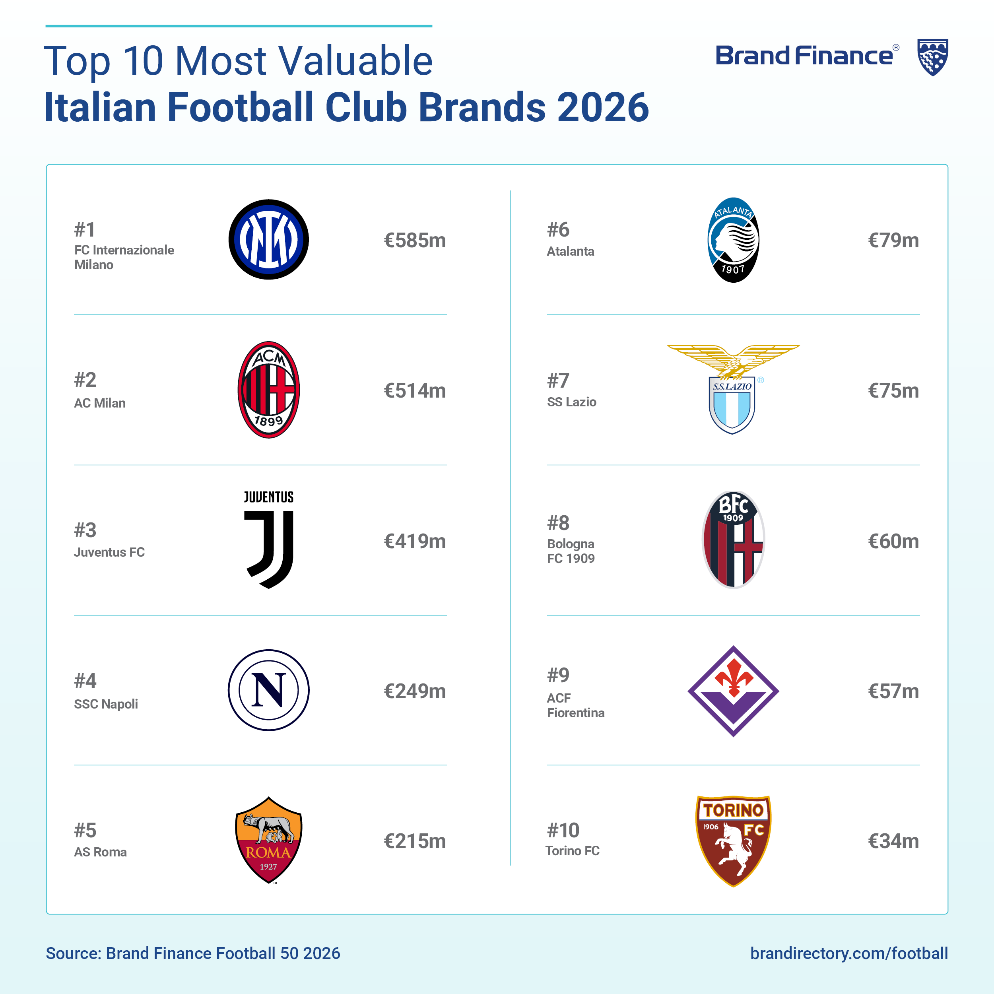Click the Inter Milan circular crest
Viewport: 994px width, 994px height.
click(x=268, y=240)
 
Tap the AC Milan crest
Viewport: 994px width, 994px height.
click(x=268, y=390)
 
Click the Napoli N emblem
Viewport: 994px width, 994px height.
click(x=268, y=690)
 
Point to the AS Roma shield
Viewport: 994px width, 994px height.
click(x=268, y=841)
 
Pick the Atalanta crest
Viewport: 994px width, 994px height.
click(x=733, y=240)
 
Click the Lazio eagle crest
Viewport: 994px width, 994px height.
click(x=733, y=390)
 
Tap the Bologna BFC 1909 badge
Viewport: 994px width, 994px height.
click(x=733, y=540)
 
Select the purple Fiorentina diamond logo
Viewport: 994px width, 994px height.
click(x=733, y=691)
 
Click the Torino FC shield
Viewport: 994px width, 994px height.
click(x=733, y=841)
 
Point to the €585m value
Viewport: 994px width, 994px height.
click(x=415, y=240)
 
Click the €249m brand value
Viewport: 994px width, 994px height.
click(x=415, y=691)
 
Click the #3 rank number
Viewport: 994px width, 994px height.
click(x=85, y=530)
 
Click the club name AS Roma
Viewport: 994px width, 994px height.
click(x=100, y=852)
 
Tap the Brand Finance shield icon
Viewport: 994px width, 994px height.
click(x=933, y=57)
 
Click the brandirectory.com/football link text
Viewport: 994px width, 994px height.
click(x=849, y=953)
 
